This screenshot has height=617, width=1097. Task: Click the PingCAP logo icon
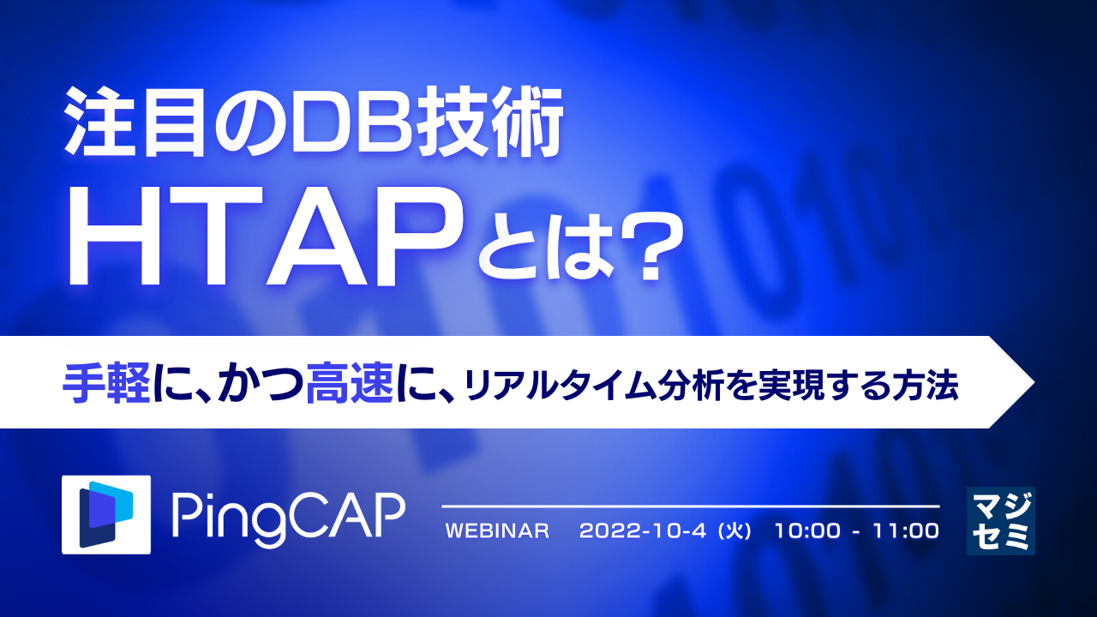click(106, 513)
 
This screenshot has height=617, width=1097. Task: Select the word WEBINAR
click(497, 531)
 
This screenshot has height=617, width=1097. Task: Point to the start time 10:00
click(806, 531)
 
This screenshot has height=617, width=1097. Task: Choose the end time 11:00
click(905, 531)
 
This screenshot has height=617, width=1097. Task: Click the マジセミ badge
click(1000, 520)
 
